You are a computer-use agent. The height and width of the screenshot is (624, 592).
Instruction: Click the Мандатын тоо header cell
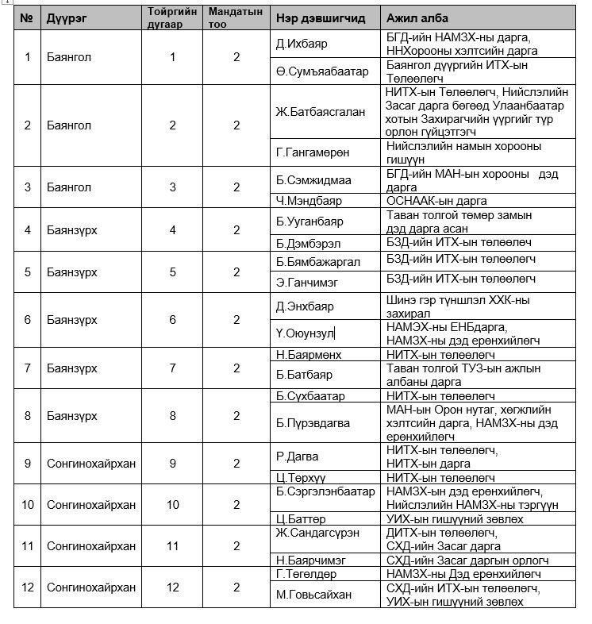236,17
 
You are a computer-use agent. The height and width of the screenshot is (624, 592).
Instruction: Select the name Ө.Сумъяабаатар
322,71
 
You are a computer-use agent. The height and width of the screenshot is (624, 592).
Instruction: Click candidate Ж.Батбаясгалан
321,112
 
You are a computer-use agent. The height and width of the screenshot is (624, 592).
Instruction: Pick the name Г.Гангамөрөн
313,152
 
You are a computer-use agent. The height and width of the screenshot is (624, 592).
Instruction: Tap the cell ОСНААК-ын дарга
436,201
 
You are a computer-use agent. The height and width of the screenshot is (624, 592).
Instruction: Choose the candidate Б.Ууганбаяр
309,221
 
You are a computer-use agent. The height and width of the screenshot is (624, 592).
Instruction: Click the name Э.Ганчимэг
305,279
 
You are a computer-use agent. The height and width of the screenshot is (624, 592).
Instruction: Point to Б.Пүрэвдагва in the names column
313,423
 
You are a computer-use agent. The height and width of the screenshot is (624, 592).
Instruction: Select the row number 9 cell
27,464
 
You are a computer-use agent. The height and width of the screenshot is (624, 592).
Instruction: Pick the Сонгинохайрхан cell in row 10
91,505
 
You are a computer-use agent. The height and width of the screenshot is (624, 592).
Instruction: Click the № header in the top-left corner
27,17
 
